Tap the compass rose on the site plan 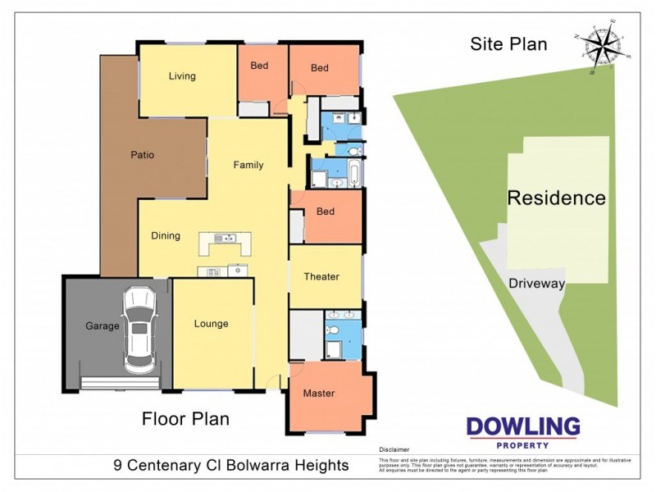pos(604,46)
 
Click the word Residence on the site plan pos(556,198)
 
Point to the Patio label pos(142,154)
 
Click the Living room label pos(182,76)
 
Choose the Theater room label pos(321,276)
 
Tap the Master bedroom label pos(319,394)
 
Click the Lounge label pos(211,323)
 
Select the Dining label pos(166,236)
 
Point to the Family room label pos(248,165)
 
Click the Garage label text pos(102,326)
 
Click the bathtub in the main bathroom pos(352,175)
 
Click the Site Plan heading pos(508,44)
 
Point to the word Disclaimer pos(394,450)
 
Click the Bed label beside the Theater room pos(326,212)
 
